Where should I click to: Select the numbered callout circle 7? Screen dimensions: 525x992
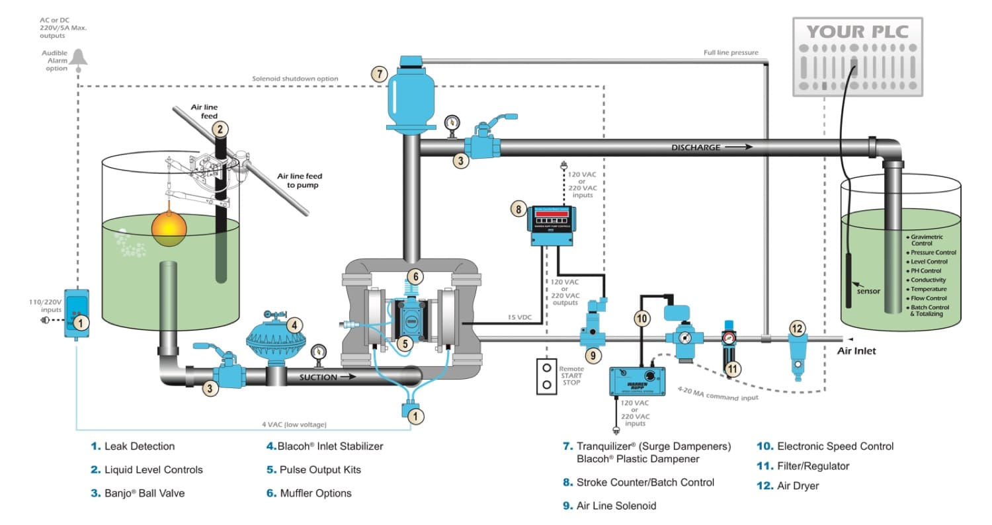[x=378, y=74]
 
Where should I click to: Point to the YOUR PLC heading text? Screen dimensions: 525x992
[x=857, y=32]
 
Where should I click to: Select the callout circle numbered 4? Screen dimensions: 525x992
[x=295, y=324]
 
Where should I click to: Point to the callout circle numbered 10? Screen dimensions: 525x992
[x=641, y=319]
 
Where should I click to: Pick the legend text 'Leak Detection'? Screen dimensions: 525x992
[x=140, y=446]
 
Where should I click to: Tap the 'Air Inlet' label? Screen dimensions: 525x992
[x=856, y=351]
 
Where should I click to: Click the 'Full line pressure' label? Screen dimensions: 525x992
[x=731, y=52]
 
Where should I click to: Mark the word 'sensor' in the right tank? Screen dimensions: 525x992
[x=869, y=290]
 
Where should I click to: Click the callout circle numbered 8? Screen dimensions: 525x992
[x=518, y=208]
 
